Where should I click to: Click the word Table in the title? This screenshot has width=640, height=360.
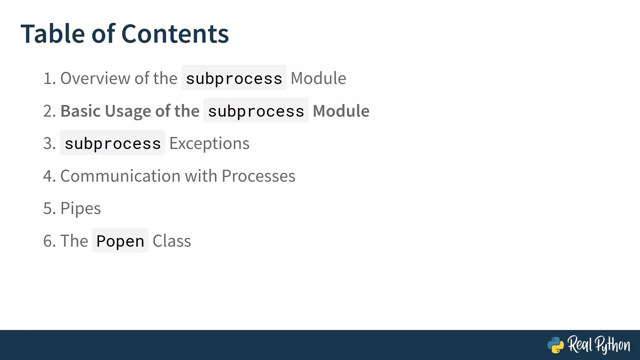coord(53,34)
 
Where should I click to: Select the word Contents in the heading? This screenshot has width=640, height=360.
coord(175,34)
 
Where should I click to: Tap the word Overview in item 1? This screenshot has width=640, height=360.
coord(95,78)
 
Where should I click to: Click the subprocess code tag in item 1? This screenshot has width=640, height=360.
coord(234,78)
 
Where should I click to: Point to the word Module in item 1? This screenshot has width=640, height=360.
coord(318,78)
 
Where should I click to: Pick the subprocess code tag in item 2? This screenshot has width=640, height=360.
coord(256,110)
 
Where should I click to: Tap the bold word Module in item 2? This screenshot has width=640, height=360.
coord(341,111)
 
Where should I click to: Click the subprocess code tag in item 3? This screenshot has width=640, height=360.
coord(113,143)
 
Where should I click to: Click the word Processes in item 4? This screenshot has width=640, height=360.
coord(258,176)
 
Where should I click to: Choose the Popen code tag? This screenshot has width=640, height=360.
coord(120,240)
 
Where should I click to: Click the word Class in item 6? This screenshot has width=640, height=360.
coord(172,241)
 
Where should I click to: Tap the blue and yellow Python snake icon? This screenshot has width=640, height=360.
coord(556,345)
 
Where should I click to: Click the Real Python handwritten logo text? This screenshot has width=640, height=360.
coord(599,345)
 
